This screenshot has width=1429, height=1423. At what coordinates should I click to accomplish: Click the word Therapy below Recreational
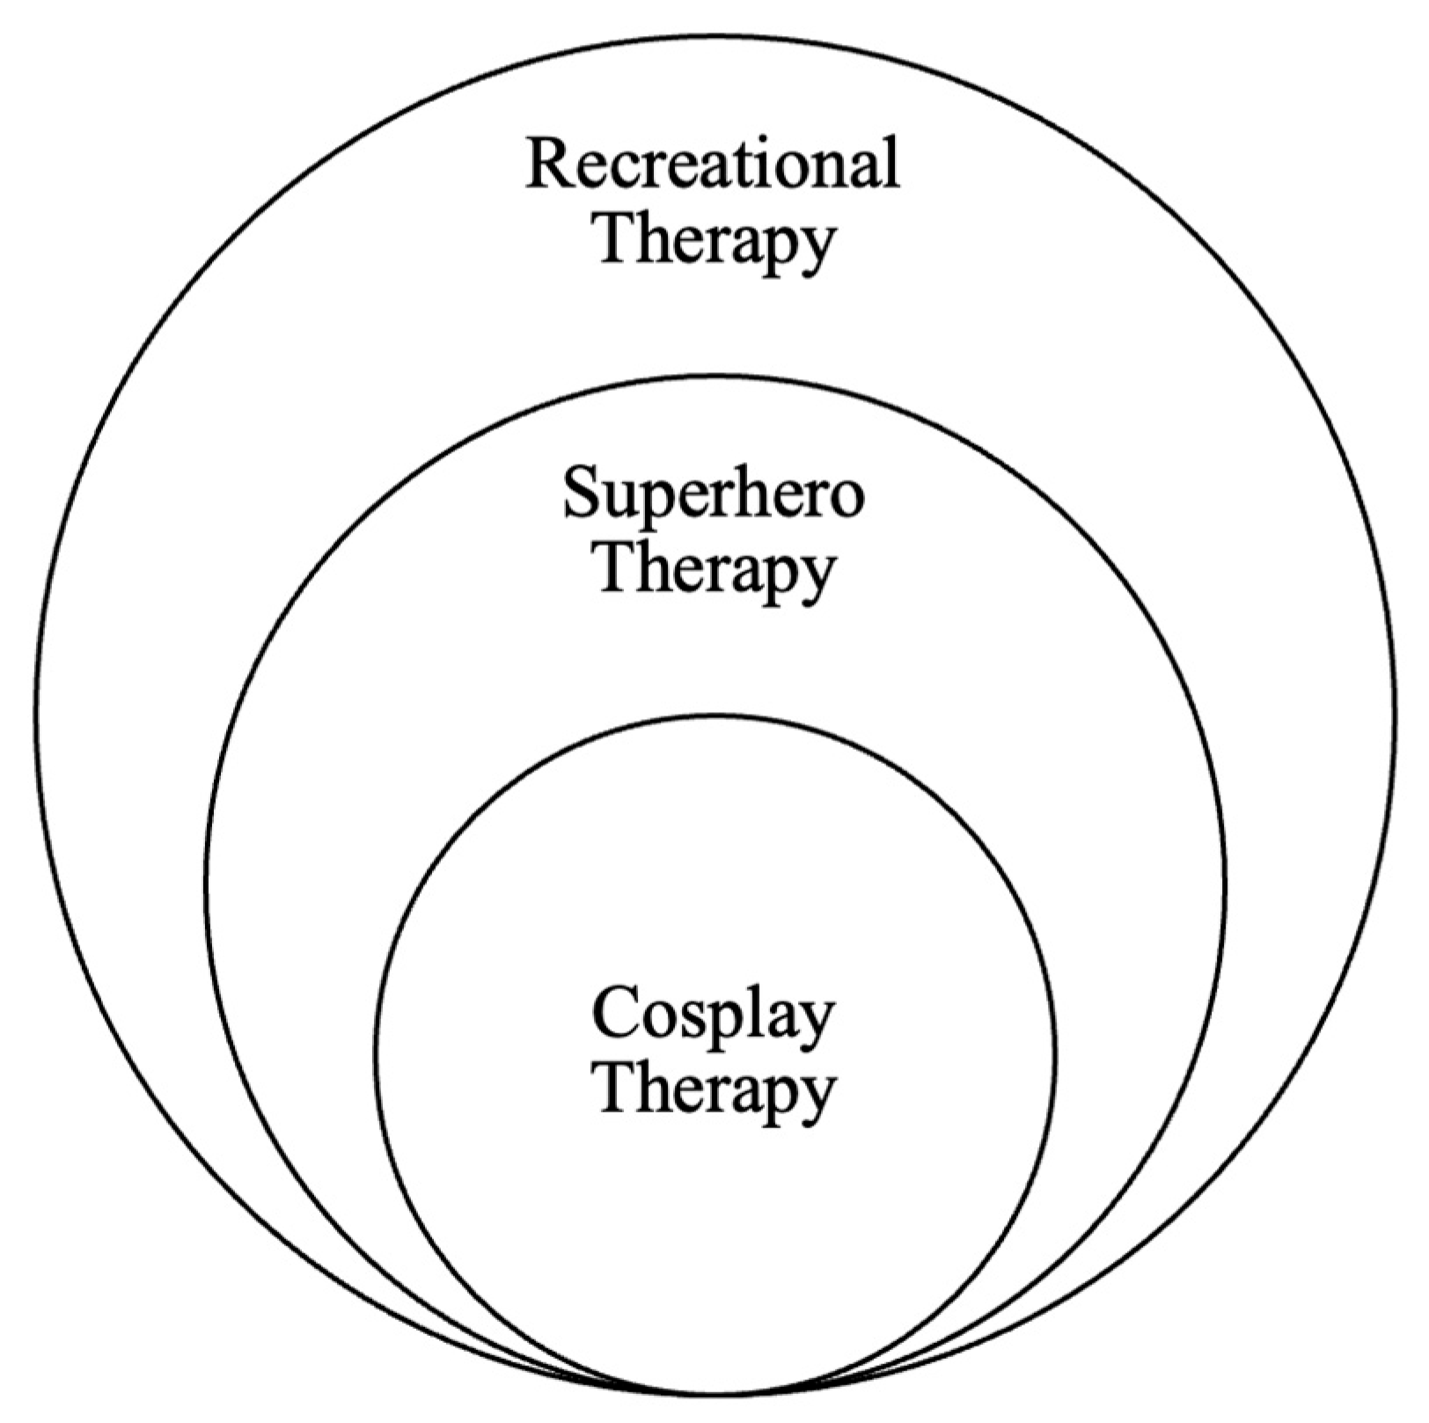point(715,242)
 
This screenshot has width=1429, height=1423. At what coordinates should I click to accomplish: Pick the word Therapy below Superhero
point(715,572)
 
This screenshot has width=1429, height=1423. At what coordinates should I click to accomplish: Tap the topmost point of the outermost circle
point(715,36)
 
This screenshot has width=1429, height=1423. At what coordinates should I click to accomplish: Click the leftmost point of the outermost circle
point(37,714)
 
